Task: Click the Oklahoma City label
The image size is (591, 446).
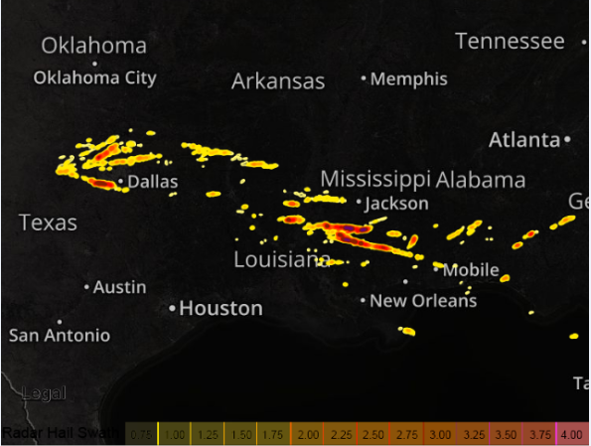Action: (x=94, y=77)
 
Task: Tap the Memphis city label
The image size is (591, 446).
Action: (x=408, y=78)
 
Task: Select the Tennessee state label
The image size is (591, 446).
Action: (x=510, y=41)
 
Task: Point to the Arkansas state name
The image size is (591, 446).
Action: (x=278, y=81)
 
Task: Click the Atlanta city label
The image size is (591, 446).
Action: (x=524, y=140)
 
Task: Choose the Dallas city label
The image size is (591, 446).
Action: (x=153, y=182)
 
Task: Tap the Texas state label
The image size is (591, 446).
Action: (x=48, y=223)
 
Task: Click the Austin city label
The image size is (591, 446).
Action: (x=119, y=287)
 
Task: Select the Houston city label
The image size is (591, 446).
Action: (x=221, y=309)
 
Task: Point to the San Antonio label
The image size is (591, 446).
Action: (x=60, y=336)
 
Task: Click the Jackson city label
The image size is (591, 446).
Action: (x=396, y=204)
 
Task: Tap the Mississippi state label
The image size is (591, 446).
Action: (x=374, y=179)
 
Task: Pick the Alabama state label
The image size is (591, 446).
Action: (x=481, y=180)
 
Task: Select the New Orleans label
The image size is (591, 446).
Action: (x=423, y=300)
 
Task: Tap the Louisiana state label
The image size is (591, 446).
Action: (x=281, y=259)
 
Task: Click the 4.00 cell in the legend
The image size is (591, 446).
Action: (x=571, y=434)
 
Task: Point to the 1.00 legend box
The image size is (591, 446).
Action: (x=172, y=434)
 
